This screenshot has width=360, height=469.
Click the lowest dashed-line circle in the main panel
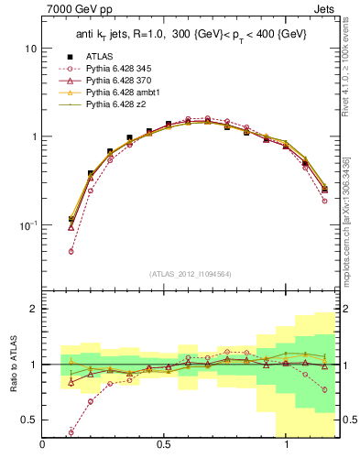(x=71, y=251)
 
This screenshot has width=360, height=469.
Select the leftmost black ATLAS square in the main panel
(x=71, y=219)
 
